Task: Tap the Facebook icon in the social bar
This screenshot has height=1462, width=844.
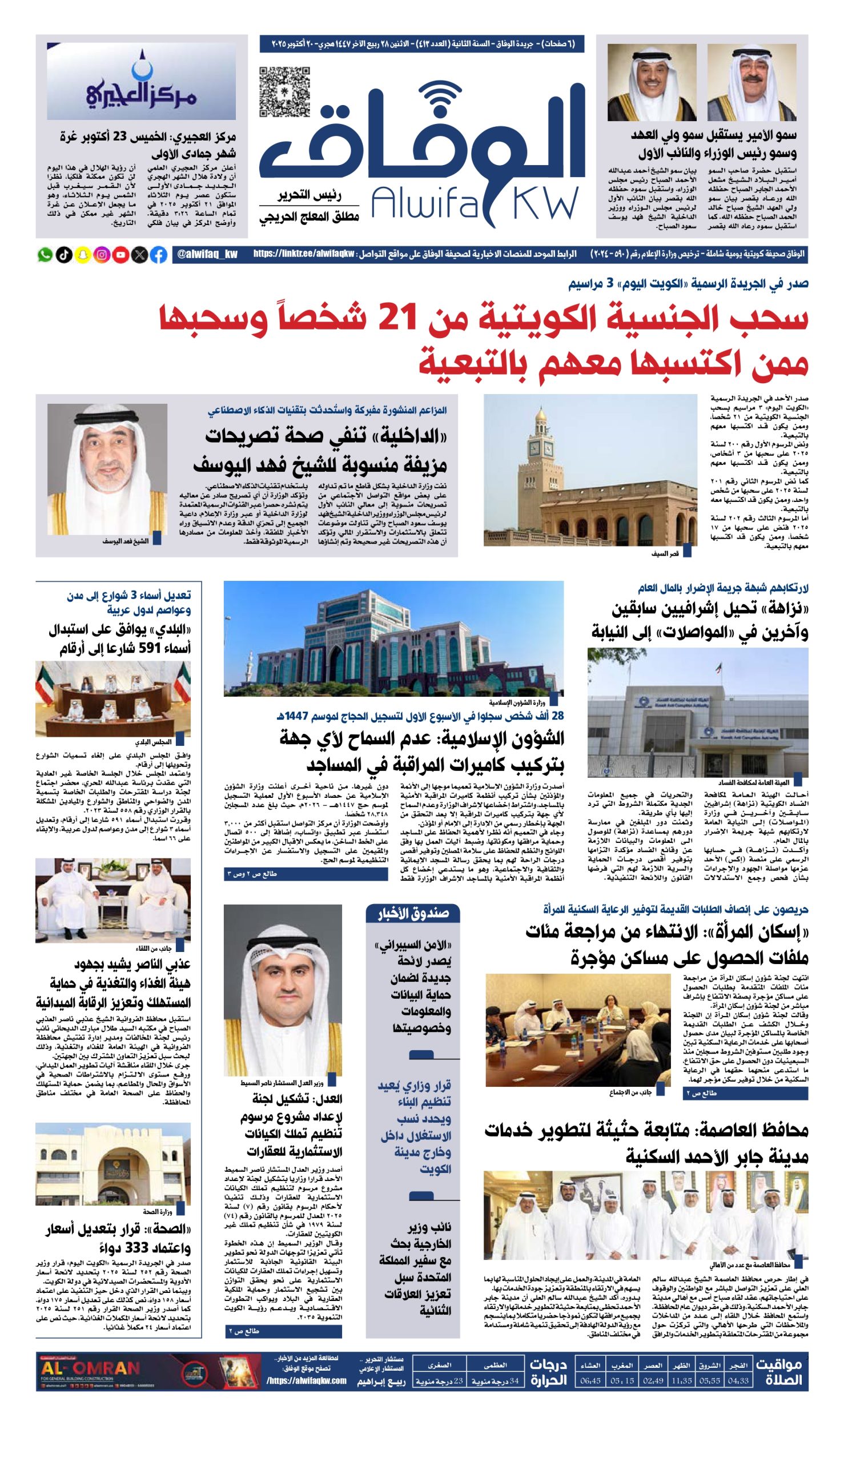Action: [158, 255]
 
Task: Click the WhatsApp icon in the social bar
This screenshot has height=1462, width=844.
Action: [45, 255]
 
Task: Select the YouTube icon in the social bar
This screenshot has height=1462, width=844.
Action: [120, 255]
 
